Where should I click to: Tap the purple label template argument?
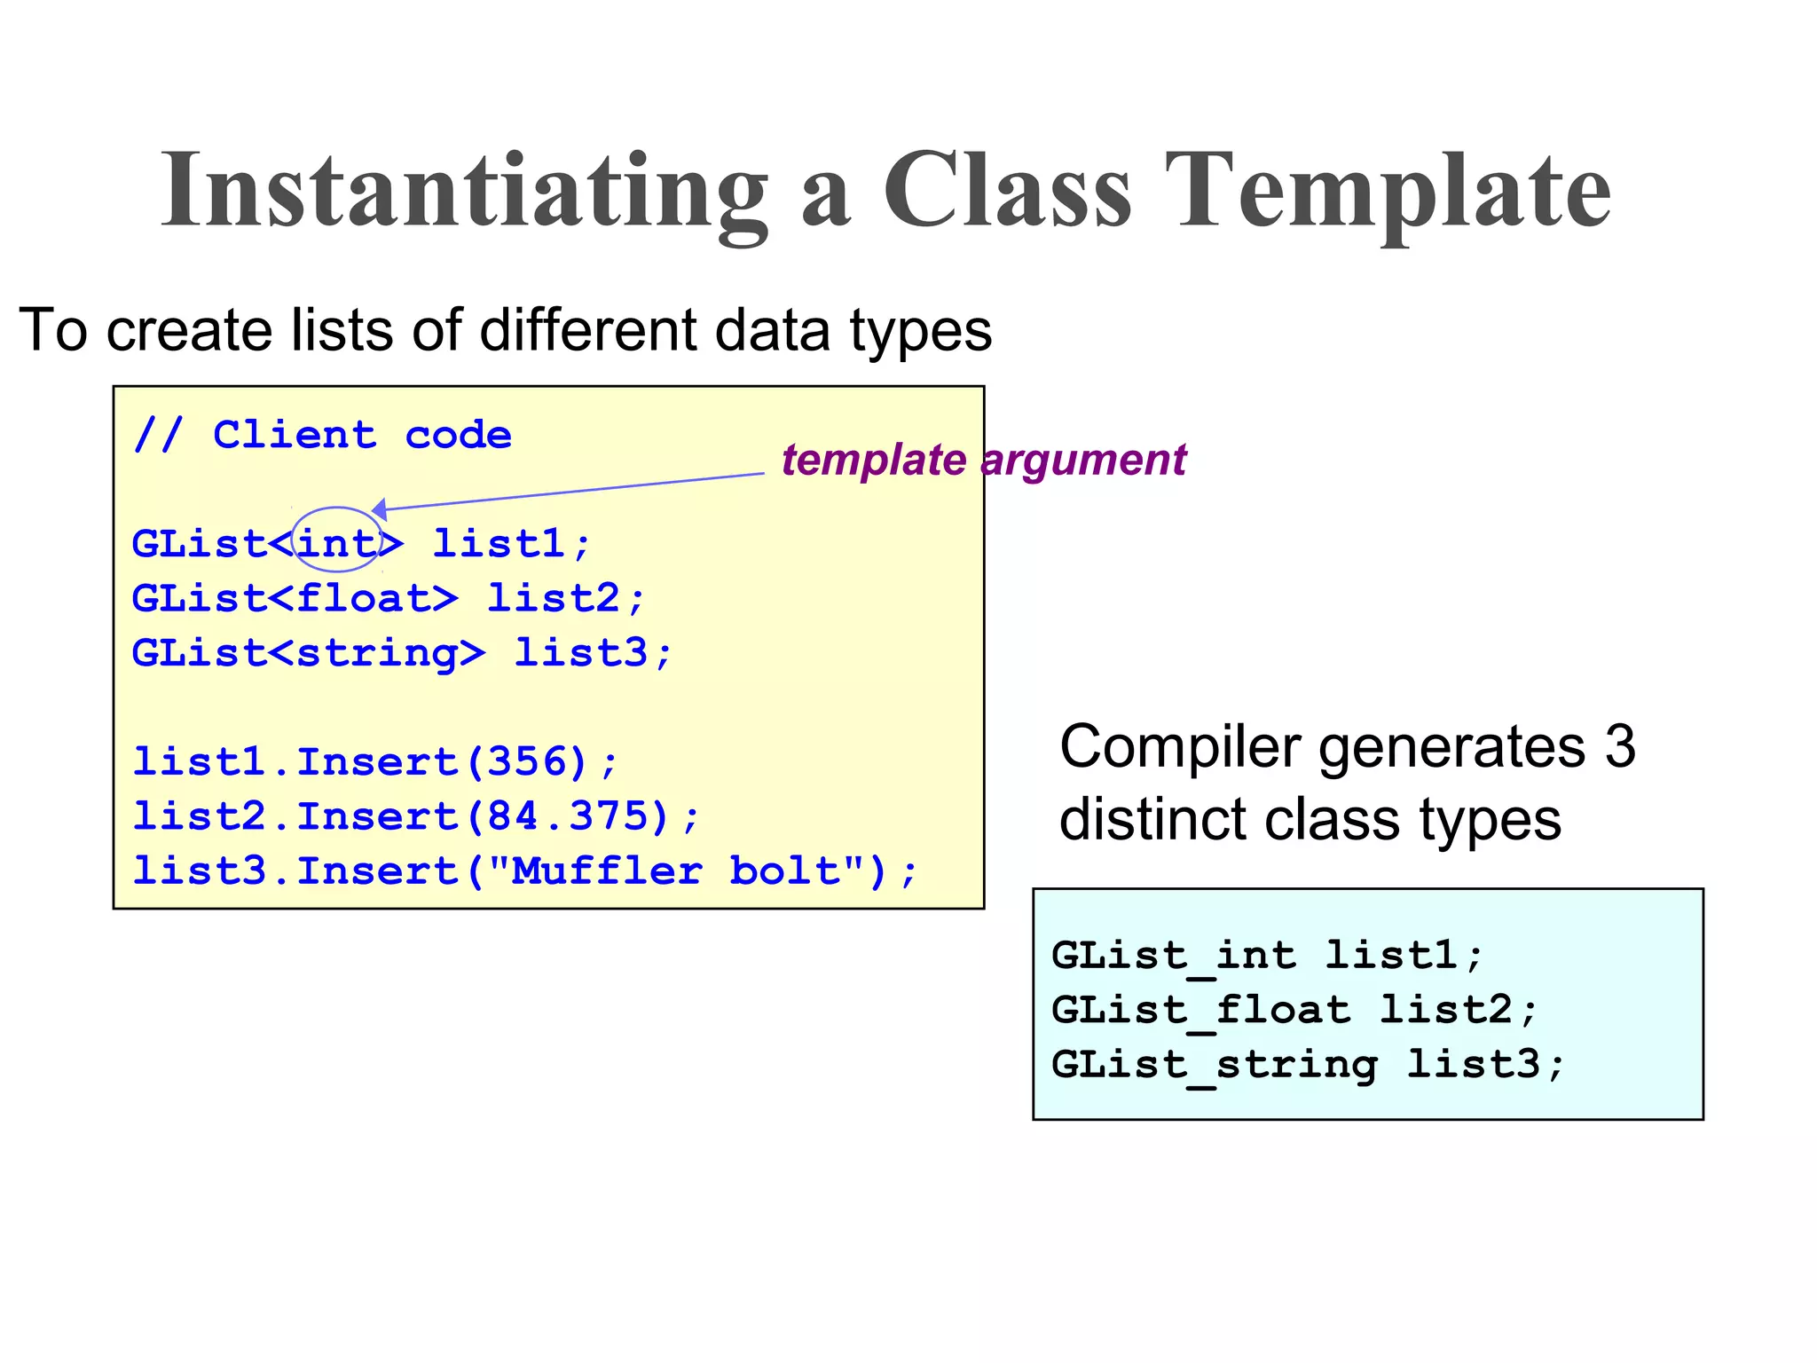click(983, 460)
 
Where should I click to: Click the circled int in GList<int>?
click(336, 543)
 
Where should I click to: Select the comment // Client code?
click(322, 435)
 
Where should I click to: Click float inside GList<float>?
click(363, 598)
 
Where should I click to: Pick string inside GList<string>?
click(376, 653)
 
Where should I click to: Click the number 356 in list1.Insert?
click(527, 762)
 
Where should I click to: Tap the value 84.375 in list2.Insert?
click(568, 816)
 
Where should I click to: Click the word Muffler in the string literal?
click(608, 871)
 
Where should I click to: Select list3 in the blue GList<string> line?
click(581, 653)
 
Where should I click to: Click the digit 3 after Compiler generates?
click(1619, 746)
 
